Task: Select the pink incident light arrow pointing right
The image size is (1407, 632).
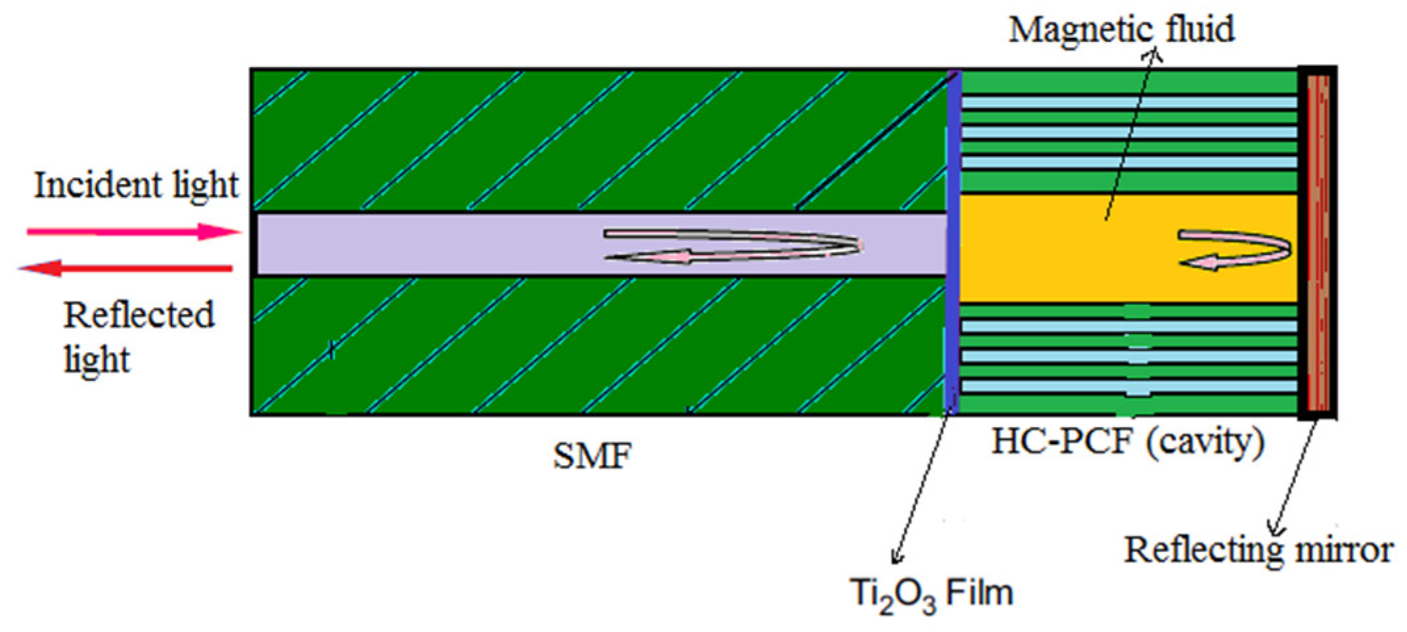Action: point(131,232)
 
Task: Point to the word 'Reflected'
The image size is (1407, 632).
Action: point(139,315)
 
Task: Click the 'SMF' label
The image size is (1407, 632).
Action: point(592,456)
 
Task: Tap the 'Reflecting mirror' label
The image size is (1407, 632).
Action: point(1257,549)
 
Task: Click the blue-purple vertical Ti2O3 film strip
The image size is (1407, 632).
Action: point(953,243)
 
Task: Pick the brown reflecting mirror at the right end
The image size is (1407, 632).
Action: point(1318,243)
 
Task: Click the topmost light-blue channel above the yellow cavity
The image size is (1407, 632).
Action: point(1128,102)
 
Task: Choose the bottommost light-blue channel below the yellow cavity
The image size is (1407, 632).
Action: point(1128,386)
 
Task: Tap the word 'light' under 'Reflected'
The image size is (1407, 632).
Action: point(97,360)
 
